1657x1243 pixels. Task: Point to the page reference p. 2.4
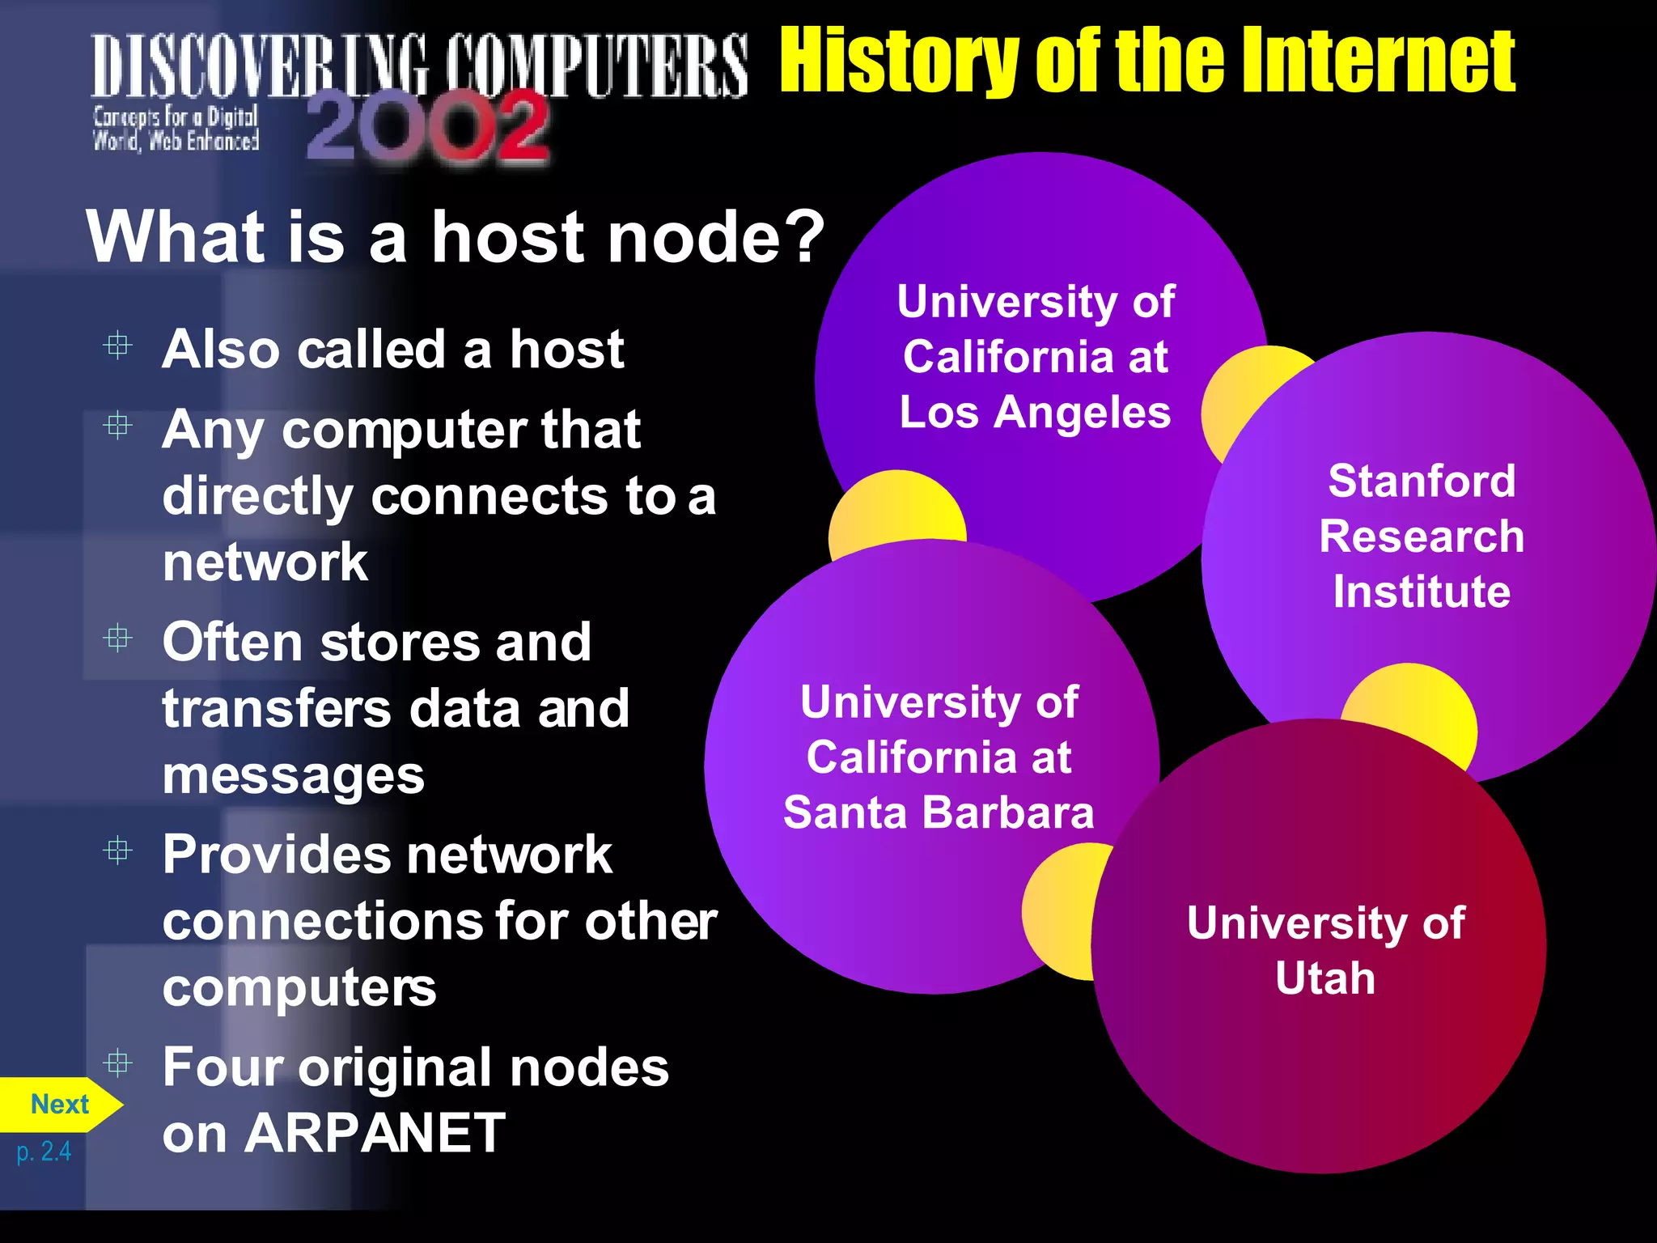(44, 1151)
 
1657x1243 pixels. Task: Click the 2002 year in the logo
(428, 128)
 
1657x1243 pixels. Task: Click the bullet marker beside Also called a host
(118, 346)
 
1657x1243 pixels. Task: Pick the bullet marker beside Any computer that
(118, 425)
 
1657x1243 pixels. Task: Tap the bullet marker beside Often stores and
(118, 638)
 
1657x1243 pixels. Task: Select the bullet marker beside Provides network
(118, 851)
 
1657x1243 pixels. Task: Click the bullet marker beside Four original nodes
(118, 1063)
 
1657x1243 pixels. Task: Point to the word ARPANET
(375, 1133)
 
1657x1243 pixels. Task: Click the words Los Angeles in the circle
(1035, 412)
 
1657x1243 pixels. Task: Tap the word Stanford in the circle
(1422, 481)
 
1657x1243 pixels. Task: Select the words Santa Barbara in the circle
(939, 812)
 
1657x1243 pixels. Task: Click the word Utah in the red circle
(1325, 978)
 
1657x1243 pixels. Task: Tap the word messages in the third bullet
(293, 775)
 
